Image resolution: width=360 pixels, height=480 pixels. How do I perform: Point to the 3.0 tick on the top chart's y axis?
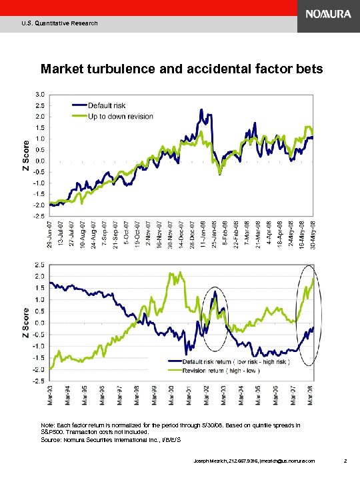[x=41, y=94]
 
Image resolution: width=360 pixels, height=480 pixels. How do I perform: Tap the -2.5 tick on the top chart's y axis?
[x=40, y=216]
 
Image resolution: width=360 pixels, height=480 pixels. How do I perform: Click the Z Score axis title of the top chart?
[x=27, y=155]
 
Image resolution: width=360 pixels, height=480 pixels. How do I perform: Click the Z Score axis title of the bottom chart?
[x=27, y=322]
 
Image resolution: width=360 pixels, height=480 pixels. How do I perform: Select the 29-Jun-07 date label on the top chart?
[x=51, y=235]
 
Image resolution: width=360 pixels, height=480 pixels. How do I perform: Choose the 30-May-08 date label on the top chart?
[x=313, y=235]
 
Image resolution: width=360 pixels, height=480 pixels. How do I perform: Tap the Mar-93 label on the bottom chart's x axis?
[x=51, y=399]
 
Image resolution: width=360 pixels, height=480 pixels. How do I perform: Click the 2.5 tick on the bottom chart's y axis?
[x=41, y=265]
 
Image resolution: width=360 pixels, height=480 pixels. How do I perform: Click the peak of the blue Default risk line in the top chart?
[x=201, y=109]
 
